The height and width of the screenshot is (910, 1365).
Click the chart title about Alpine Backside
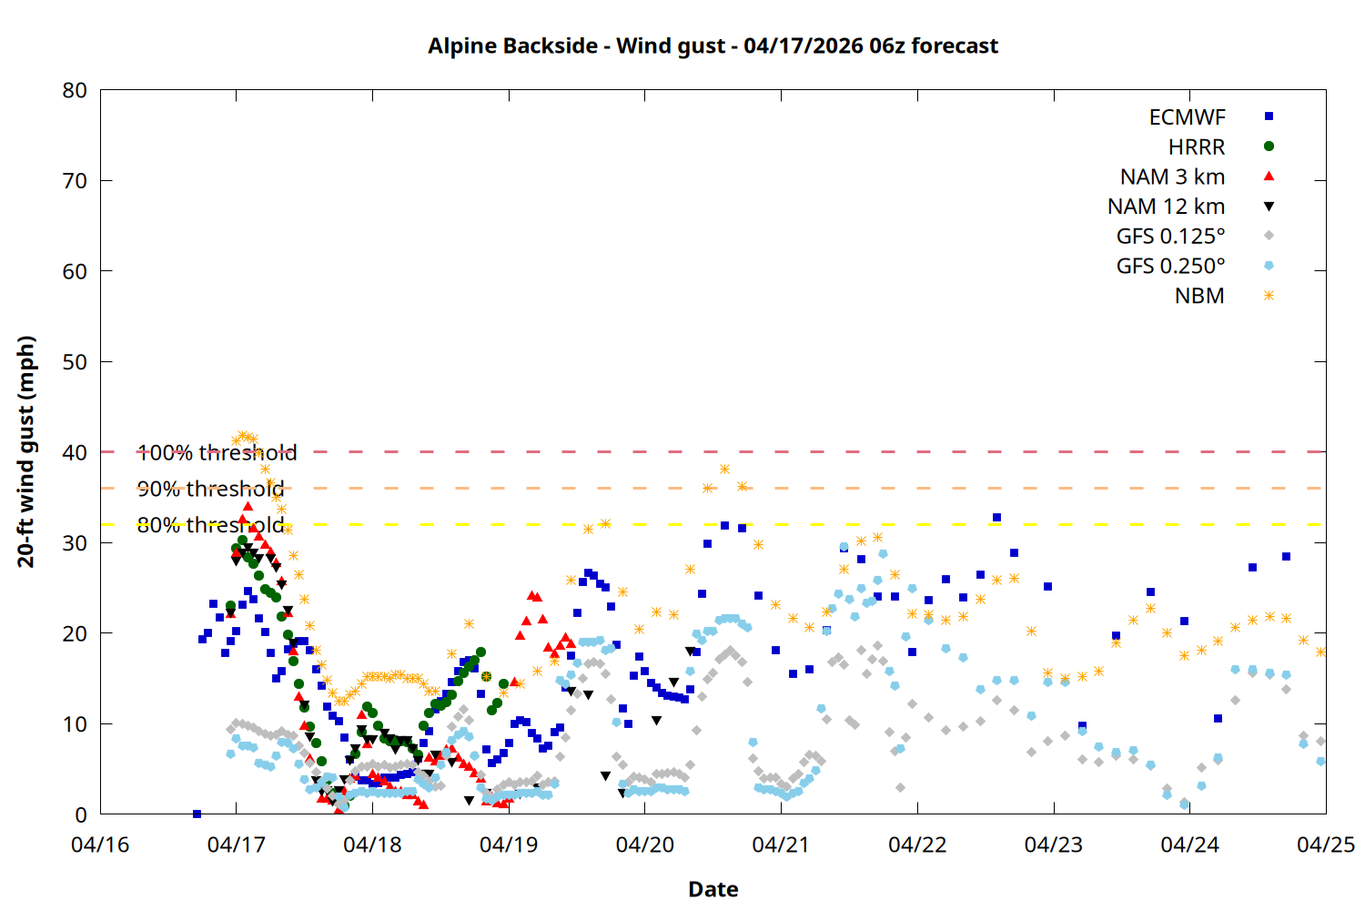click(713, 45)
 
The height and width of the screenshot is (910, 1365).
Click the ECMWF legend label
click(1187, 117)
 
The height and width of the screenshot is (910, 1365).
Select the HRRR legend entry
click(1197, 147)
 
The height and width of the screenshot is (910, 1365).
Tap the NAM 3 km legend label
click(1172, 177)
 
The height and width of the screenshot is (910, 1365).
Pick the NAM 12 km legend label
click(1166, 207)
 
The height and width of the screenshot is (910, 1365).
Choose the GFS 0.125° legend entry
click(1170, 237)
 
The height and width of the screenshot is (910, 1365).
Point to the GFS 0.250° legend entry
click(1170, 267)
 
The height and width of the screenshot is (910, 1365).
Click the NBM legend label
click(1199, 297)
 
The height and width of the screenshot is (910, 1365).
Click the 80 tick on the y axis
click(75, 90)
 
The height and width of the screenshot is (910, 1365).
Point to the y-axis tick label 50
click(75, 362)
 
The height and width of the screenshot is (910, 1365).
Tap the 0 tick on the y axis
click(81, 815)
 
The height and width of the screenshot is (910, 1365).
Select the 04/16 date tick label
click(100, 844)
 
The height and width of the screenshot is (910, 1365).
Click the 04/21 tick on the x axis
click(781, 844)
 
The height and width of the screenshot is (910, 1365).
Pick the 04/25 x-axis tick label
click(1325, 844)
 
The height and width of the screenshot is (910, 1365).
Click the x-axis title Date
click(713, 889)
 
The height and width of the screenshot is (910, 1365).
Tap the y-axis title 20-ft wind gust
click(26, 451)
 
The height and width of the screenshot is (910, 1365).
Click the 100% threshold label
click(217, 452)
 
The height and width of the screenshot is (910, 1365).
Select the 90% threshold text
click(210, 489)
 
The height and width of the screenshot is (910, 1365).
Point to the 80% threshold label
click(210, 525)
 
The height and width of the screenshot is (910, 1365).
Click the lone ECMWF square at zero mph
click(197, 814)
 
